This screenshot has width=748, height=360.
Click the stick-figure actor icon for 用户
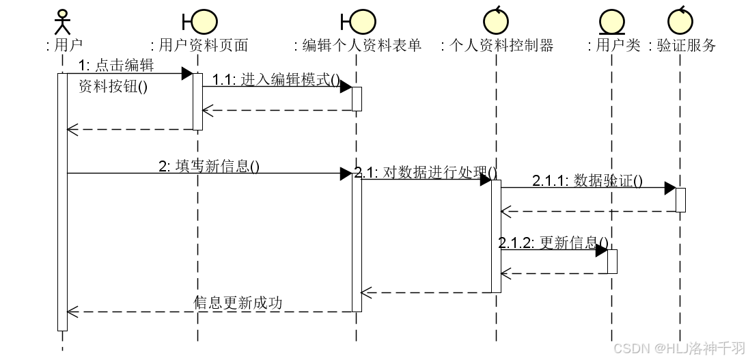click(62, 21)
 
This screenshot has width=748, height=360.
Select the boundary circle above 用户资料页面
click(204, 21)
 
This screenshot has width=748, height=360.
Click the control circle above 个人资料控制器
click(497, 21)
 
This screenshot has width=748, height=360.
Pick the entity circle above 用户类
click(612, 23)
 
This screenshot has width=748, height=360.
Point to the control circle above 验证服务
click(681, 21)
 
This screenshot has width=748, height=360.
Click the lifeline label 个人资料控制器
click(497, 46)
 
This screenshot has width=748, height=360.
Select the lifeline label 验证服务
click(682, 46)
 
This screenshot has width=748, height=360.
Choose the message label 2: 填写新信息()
click(209, 166)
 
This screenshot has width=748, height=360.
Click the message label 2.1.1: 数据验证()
click(587, 180)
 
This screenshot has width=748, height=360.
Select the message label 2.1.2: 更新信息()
click(553, 243)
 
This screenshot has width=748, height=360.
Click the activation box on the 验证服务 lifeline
click(680, 199)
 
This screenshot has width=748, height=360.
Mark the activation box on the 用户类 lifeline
click(612, 262)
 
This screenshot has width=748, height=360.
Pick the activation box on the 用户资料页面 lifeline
click(197, 101)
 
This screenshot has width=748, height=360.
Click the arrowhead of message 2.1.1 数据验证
click(670, 188)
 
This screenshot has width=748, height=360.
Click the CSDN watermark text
click(678, 348)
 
